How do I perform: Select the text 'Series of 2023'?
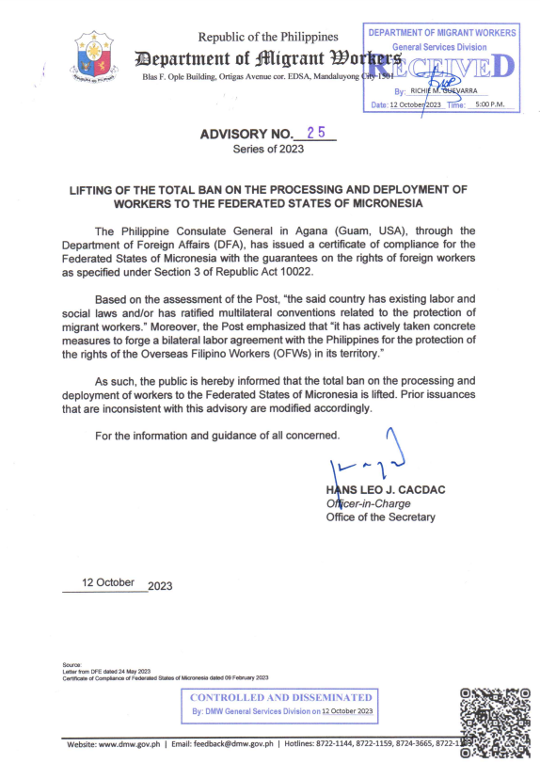coord(269,150)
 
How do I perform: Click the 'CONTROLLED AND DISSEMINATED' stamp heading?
coord(281,697)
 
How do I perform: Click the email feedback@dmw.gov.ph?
coord(240,743)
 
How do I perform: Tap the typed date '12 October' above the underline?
coord(108,582)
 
